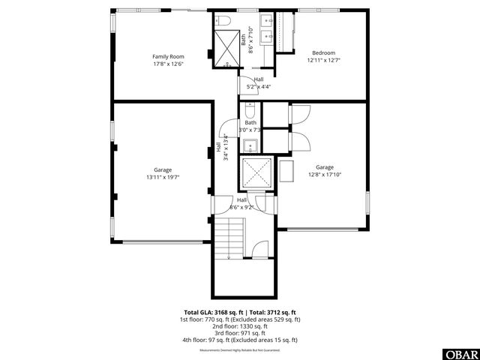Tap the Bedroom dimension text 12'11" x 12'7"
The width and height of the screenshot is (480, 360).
click(x=323, y=60)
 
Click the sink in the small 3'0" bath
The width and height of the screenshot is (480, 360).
click(x=250, y=145)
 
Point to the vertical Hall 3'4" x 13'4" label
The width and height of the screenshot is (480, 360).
click(x=221, y=146)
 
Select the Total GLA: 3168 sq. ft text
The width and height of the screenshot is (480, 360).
click(x=210, y=312)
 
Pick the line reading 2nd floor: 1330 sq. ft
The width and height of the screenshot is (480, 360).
click(x=240, y=326)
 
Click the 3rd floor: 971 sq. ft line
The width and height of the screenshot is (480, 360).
click(x=240, y=333)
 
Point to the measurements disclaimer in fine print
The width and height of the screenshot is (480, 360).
click(x=240, y=350)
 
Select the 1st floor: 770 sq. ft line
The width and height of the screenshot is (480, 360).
click(x=240, y=319)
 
